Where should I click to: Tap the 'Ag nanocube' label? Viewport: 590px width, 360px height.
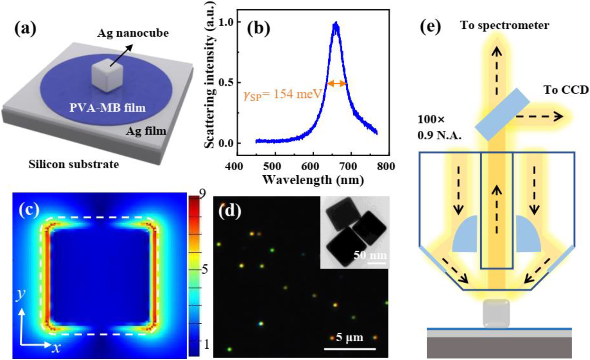(x=133, y=33)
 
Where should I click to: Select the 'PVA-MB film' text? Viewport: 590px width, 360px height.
(x=108, y=108)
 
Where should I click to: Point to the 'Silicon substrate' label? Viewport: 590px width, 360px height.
(x=73, y=164)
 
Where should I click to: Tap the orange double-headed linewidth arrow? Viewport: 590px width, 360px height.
(x=337, y=83)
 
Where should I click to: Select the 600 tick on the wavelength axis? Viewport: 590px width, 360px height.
(x=310, y=166)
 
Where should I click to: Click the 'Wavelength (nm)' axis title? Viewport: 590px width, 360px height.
(x=313, y=180)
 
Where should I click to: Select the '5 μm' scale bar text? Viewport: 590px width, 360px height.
(x=350, y=337)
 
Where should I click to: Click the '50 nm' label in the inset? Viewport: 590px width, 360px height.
(x=370, y=255)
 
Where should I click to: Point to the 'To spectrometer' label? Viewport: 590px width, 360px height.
(x=505, y=25)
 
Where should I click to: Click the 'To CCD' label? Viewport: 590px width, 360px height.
(x=566, y=90)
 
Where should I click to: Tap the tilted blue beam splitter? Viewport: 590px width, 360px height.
(x=502, y=114)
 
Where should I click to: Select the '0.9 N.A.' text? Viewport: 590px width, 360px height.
(x=439, y=136)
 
